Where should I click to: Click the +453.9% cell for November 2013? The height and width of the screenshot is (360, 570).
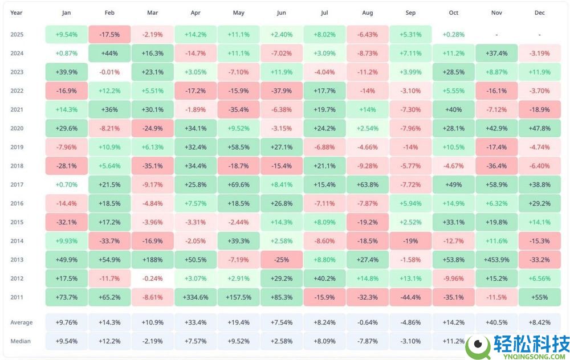pos(496,260)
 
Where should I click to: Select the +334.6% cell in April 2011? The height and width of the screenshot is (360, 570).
pos(196,297)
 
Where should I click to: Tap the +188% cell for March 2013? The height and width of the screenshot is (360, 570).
pos(152,260)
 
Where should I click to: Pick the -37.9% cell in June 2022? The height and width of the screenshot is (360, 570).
pos(282,91)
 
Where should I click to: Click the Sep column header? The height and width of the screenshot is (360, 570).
pos(410,13)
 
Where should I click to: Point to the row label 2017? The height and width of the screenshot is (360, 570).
pos(17,185)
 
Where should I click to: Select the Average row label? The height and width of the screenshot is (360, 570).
pos(22,322)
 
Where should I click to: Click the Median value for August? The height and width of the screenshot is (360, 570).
pos(368,341)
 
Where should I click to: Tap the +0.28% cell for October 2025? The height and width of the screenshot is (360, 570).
pos(453,35)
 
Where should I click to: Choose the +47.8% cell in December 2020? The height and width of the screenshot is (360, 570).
pos(539,128)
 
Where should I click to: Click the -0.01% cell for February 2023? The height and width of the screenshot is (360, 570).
pos(109,72)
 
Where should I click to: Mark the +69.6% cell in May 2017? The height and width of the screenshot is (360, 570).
pos(238,185)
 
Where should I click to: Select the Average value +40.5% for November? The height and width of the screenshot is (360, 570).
pos(496,322)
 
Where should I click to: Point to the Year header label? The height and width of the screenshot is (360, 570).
pos(17,13)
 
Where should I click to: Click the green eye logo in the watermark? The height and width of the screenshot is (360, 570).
pos(478,347)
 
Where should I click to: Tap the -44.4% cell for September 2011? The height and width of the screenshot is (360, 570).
pos(410,297)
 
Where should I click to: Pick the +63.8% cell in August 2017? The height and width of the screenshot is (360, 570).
pos(368,185)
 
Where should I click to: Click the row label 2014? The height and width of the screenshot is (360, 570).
pos(17,241)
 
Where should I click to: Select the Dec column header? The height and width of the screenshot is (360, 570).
pos(539,13)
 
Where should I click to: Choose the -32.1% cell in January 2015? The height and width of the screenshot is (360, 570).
pos(67,222)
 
